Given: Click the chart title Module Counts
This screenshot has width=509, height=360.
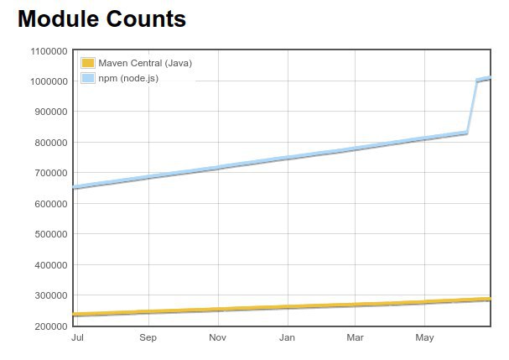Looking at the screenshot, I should (x=101, y=18).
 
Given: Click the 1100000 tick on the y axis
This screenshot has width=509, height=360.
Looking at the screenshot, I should (x=48, y=51).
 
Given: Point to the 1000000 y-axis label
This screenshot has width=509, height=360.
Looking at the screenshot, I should (x=48, y=81).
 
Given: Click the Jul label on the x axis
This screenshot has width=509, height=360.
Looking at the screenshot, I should (x=78, y=338).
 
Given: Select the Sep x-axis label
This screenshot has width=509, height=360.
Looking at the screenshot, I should (x=148, y=338).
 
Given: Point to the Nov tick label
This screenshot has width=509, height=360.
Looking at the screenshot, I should (x=217, y=338).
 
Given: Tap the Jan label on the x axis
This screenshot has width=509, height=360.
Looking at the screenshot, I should (x=287, y=338).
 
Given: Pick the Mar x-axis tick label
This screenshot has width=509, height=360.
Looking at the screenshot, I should (x=356, y=338).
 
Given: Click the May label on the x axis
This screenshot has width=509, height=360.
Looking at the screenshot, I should (x=424, y=338).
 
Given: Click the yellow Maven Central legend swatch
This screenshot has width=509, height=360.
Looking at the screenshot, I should (x=88, y=63).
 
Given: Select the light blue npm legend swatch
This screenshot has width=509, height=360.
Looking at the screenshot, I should (x=88, y=78).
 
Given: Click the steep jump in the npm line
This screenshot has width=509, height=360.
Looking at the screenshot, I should (x=472, y=107).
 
